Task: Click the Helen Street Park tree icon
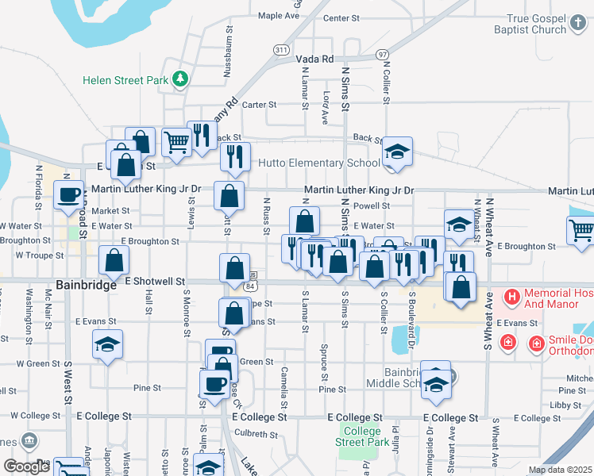(x=181, y=79)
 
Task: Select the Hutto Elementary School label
(x=320, y=163)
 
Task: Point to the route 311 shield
(x=280, y=49)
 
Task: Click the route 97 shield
(x=383, y=54)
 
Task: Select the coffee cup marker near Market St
(x=68, y=194)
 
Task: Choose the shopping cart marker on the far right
(x=581, y=231)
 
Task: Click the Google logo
(x=26, y=467)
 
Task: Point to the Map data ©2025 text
(x=559, y=470)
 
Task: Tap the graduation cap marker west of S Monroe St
(x=107, y=345)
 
